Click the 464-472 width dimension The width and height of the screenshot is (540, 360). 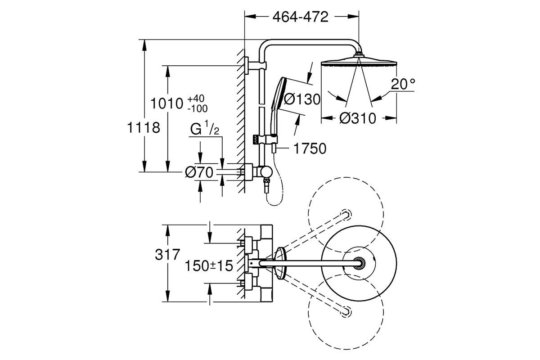click(301, 17)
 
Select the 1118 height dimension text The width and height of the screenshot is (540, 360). click(144, 127)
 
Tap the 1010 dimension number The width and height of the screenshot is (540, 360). click(167, 103)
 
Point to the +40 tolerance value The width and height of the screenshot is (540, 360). click(196, 99)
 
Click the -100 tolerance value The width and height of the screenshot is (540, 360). click(198, 109)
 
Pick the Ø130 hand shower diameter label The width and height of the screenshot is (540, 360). click(302, 99)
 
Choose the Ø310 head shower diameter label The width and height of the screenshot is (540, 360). click(358, 118)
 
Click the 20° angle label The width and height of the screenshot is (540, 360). click(403, 84)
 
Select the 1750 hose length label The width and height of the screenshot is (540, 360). click(310, 148)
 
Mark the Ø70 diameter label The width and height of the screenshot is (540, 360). click(199, 172)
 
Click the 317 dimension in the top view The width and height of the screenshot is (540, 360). click(167, 255)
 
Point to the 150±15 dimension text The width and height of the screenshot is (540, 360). click(209, 265)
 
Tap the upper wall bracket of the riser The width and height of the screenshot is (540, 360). click(256, 66)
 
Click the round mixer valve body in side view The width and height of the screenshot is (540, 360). click(266, 172)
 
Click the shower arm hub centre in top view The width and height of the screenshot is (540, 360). click(360, 263)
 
